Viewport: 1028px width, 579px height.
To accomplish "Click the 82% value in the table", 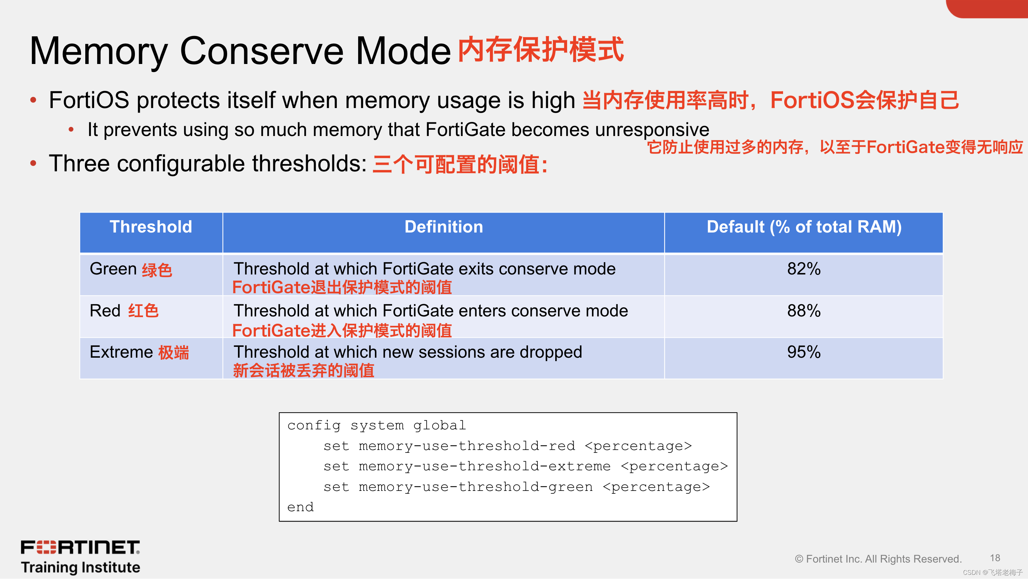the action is point(804,269).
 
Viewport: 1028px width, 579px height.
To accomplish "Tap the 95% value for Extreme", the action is point(804,352).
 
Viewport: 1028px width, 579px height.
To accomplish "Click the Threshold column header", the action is point(151,227).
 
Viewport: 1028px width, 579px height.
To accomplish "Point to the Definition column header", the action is point(444,227).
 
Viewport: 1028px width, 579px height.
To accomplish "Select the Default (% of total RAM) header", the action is point(804,227).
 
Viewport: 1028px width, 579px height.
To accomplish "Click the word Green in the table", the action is point(113,269).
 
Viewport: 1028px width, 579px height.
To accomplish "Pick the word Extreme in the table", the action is point(121,352).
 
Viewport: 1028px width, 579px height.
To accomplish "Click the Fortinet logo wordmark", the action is point(80,547).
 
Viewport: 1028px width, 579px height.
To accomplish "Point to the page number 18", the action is point(995,558).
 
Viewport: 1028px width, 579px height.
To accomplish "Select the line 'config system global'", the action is point(377,425).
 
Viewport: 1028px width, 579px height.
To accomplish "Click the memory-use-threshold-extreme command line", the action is point(526,466).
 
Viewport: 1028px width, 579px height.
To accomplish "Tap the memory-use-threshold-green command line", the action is point(517,487).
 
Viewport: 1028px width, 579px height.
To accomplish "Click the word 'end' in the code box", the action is point(301,507).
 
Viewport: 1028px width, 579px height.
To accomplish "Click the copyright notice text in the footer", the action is point(878,559).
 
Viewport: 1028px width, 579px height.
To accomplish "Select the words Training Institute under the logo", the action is point(81,567).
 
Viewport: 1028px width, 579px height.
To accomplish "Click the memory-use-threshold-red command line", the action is point(508,446).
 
